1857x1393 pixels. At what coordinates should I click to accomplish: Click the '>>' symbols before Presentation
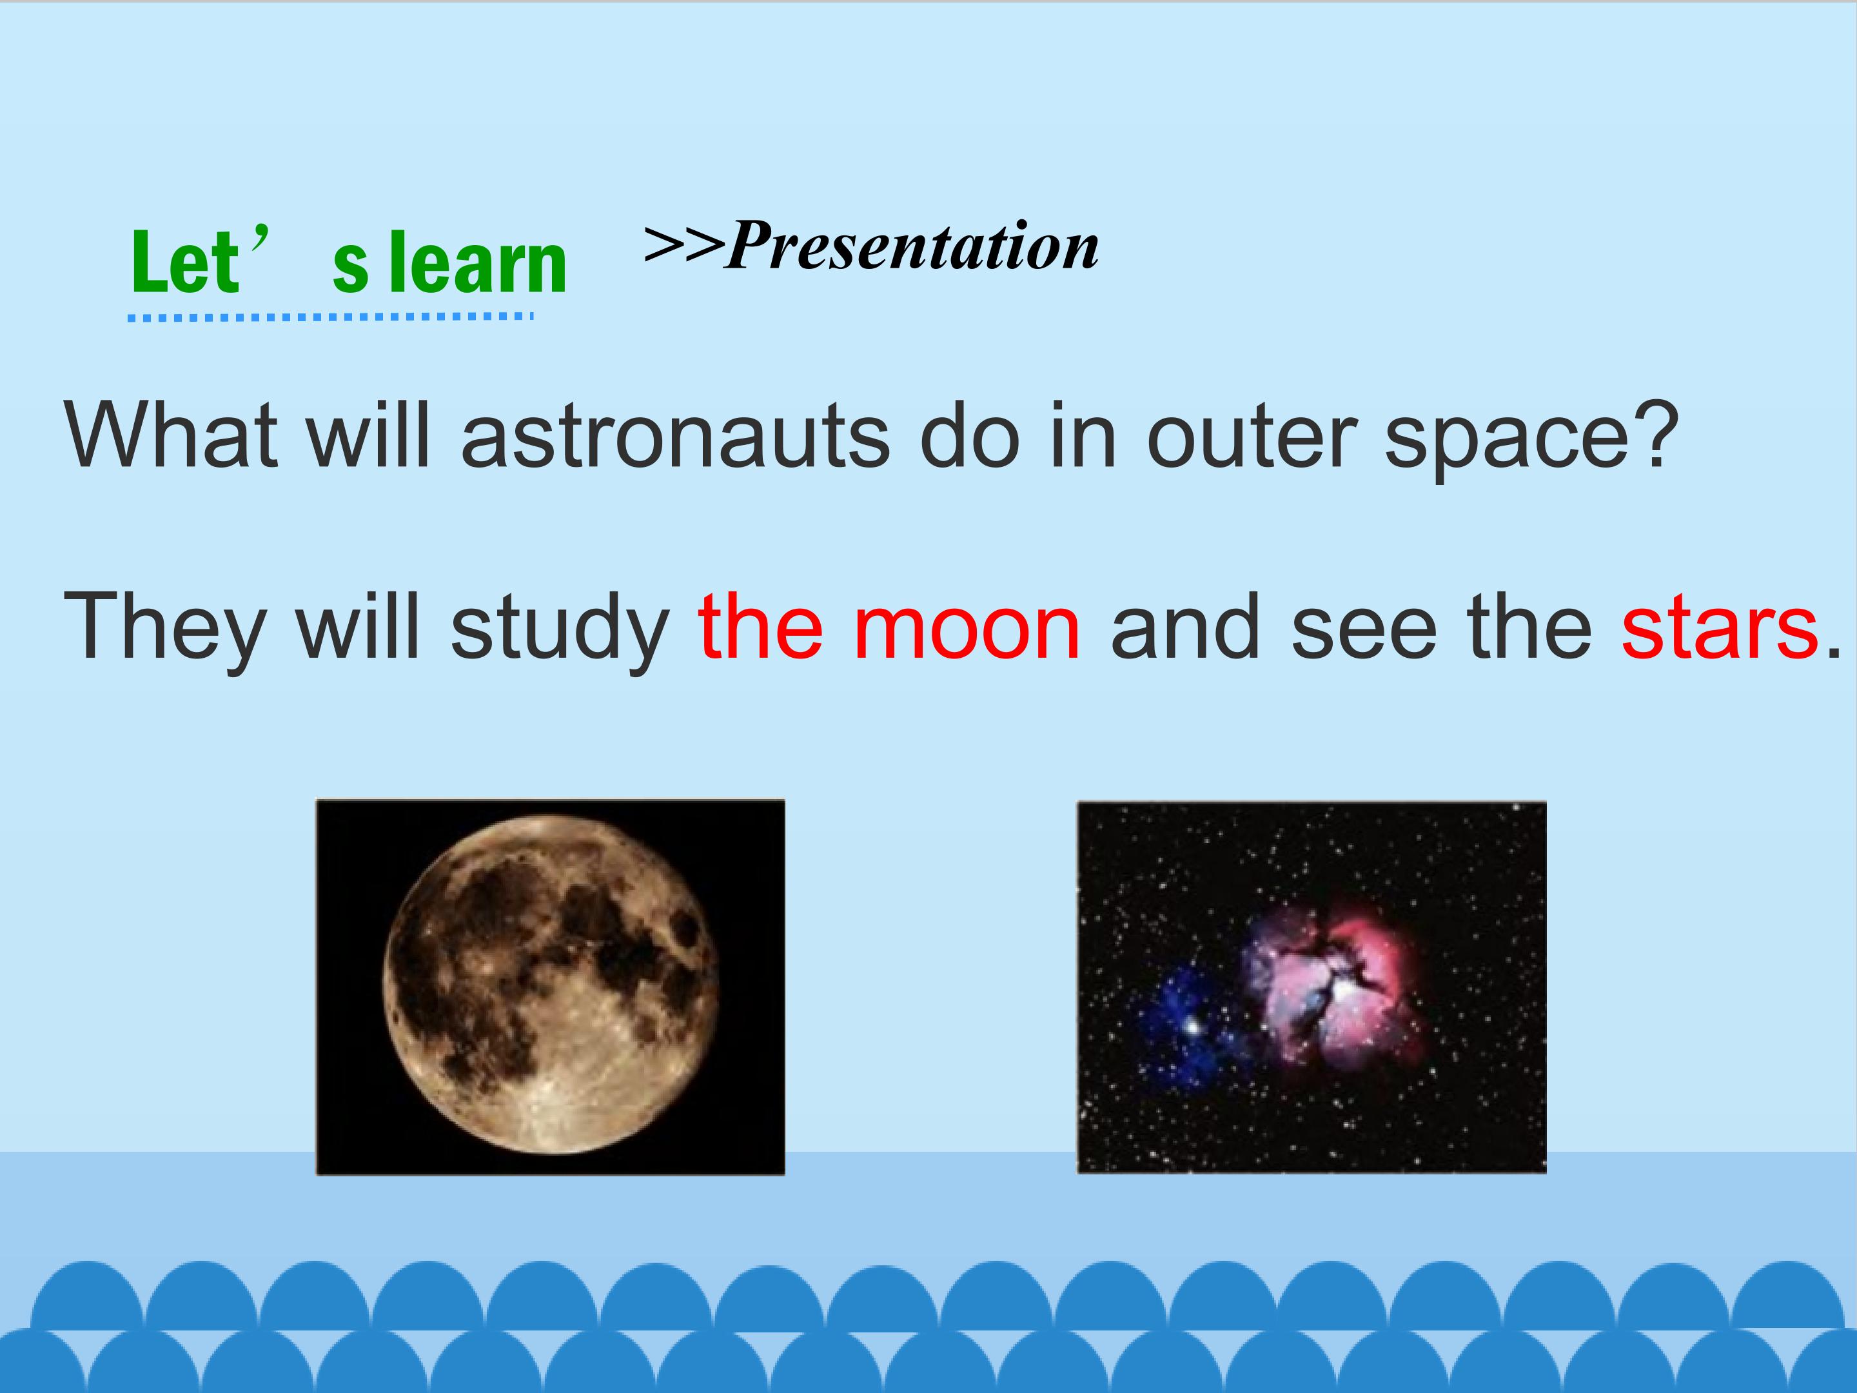coord(683,244)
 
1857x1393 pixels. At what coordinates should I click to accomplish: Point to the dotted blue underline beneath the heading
coord(330,317)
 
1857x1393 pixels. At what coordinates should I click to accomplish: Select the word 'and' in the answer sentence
coord(1185,626)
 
